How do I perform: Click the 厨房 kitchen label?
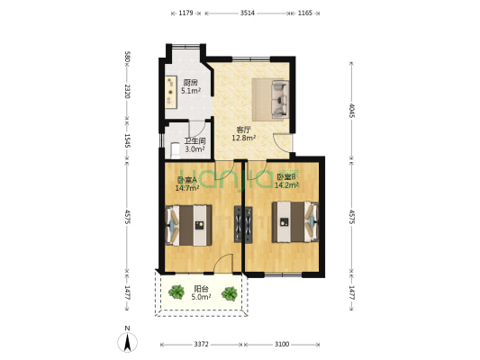click(190, 82)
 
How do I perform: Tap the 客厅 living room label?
click(243, 129)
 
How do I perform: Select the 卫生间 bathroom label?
click(195, 140)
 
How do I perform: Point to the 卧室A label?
click(186, 179)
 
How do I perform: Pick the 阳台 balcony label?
click(202, 288)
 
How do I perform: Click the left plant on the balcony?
click(173, 292)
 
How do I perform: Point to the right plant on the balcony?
click(231, 292)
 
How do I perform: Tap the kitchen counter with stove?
click(170, 91)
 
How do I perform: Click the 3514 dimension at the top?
click(246, 13)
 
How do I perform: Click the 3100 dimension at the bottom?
click(282, 345)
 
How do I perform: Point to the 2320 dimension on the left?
click(128, 92)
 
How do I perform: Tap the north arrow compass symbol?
click(129, 341)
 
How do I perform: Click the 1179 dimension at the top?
click(186, 13)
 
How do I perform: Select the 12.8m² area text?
click(243, 138)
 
